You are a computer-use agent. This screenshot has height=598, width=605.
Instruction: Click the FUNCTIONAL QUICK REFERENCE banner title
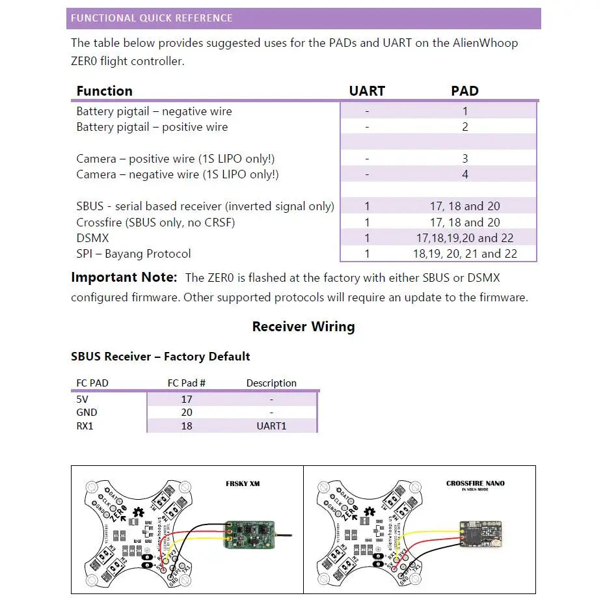[x=152, y=18]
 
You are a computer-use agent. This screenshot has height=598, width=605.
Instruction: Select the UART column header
[x=367, y=91]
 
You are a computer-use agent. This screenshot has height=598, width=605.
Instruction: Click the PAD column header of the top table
[x=464, y=91]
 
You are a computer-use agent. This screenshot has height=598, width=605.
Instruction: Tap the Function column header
[x=104, y=91]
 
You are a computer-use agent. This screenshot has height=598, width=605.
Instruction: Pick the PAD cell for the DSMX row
[x=464, y=238]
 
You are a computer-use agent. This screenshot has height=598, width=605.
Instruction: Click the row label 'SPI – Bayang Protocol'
[x=133, y=254]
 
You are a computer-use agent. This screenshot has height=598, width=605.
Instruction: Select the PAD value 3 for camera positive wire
[x=464, y=159]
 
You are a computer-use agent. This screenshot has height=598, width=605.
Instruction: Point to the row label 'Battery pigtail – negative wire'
[x=154, y=111]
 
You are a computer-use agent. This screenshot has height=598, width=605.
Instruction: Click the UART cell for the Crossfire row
[x=367, y=223]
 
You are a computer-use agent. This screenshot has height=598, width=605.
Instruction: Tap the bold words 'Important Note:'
[x=124, y=277]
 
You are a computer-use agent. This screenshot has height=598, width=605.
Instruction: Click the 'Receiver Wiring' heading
[x=303, y=327]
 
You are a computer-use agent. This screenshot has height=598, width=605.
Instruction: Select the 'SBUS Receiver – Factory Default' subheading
[x=160, y=357]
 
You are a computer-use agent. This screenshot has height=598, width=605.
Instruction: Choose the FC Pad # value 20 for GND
[x=187, y=413]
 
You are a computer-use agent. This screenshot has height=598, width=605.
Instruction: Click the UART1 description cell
[x=271, y=426]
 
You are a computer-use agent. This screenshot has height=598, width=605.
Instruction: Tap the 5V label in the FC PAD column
[x=82, y=400]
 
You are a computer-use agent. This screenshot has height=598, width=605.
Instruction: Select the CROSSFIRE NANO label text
[x=475, y=483]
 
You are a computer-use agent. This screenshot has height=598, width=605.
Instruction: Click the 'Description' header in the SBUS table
[x=271, y=383]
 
